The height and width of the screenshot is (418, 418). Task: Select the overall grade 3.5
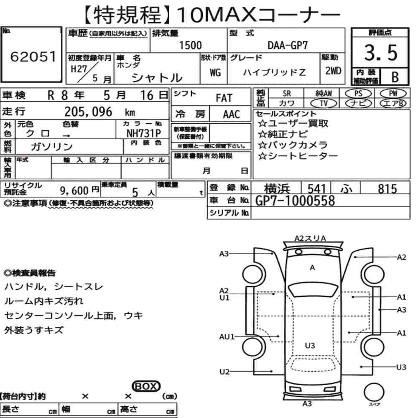click(380, 53)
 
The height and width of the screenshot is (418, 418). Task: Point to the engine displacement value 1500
click(190, 45)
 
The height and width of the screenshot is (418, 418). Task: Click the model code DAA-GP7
click(288, 45)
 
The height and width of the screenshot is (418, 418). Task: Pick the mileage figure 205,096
click(88, 112)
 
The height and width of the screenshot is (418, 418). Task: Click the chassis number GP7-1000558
click(295, 201)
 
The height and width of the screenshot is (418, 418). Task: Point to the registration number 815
click(387, 189)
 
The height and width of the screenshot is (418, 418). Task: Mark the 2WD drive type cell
click(332, 71)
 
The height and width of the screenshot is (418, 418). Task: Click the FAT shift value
click(224, 98)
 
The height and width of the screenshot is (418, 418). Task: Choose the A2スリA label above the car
click(310, 238)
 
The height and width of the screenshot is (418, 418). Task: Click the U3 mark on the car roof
click(310, 345)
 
